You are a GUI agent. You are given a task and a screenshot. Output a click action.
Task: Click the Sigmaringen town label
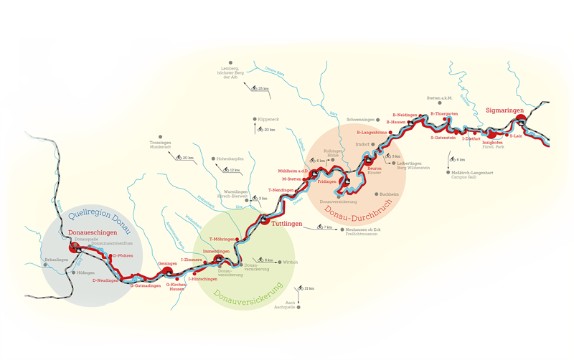(505, 110)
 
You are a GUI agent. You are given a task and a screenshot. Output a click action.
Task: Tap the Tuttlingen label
(287, 223)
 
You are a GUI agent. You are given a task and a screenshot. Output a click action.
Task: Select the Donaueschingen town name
(91, 233)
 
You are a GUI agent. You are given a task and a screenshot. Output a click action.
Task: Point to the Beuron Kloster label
(375, 171)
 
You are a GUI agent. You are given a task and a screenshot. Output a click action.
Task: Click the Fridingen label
(327, 181)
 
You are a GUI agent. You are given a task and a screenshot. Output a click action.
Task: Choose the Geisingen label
(167, 263)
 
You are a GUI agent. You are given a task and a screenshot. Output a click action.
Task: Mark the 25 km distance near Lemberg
(263, 88)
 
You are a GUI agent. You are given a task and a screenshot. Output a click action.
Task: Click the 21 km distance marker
(309, 288)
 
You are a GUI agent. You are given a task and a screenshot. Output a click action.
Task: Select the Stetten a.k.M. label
(439, 97)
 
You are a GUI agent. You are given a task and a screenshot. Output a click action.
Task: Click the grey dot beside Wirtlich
(278, 262)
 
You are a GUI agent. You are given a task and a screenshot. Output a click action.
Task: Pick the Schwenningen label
(361, 119)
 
